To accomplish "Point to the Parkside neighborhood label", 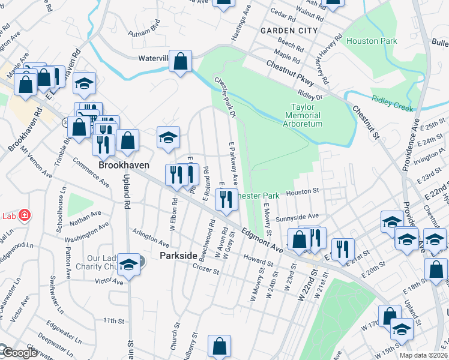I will tap(178, 256).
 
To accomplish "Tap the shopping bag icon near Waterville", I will tap(180, 61).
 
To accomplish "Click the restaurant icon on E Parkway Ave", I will tap(226, 198).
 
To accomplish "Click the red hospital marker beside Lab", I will tap(25, 215).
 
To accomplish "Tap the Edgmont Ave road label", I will tap(262, 239).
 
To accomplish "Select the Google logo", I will tap(19, 353).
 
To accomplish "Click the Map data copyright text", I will tap(424, 355).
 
